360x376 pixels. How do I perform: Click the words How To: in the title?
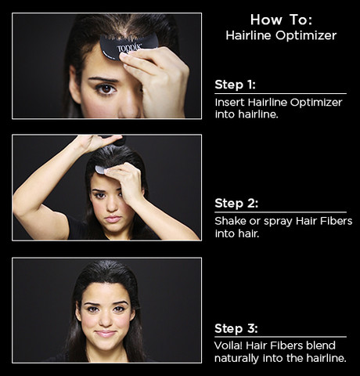point(281,20)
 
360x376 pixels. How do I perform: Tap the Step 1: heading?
point(235,85)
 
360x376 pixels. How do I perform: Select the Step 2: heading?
point(236,203)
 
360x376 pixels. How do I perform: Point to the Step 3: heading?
point(236,328)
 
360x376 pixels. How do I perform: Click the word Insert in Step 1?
point(230,103)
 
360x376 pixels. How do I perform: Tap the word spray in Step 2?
point(278,222)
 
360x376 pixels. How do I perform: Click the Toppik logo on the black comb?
point(129,49)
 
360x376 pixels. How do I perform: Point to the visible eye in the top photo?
point(106,89)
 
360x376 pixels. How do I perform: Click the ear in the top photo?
point(74,85)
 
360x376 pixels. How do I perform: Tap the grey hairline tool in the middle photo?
point(100,169)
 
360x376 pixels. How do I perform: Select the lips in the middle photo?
point(113,219)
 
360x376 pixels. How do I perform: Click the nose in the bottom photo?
point(106,320)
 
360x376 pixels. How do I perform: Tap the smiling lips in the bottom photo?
point(106,334)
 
